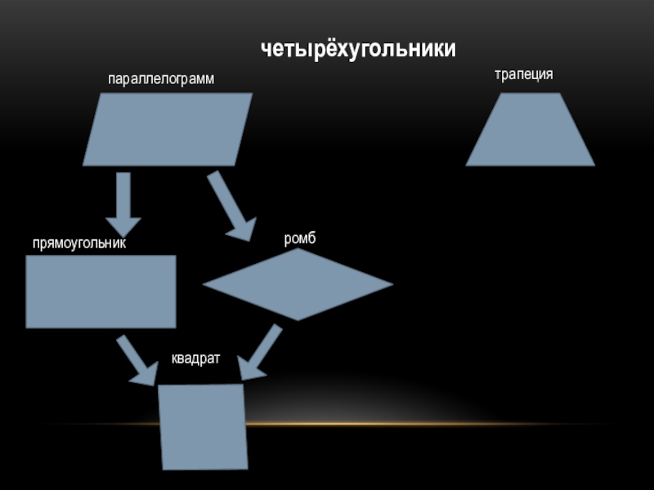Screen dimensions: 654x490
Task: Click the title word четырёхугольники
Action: [358, 50]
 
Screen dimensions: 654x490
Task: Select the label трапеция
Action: [523, 74]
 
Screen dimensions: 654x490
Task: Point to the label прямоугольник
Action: [79, 243]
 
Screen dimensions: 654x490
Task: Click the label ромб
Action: [299, 238]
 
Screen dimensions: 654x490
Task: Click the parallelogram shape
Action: [168, 129]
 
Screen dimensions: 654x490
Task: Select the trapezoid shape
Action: [530, 131]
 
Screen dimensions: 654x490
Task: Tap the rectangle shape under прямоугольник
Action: [101, 292]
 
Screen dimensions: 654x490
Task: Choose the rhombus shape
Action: [298, 284]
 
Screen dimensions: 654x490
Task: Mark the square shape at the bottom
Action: [203, 426]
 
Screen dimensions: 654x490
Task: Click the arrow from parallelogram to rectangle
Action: [123, 203]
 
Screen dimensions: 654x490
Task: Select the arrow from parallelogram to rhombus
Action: [231, 204]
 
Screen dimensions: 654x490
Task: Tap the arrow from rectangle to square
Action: [136, 359]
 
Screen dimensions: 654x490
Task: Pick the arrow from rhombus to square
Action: [261, 352]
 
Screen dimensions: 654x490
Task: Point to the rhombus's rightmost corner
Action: [392, 284]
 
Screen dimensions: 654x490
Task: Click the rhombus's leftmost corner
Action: [204, 285]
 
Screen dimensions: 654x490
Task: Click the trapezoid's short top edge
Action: [530, 94]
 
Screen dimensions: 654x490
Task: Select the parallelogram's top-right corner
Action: [250, 95]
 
